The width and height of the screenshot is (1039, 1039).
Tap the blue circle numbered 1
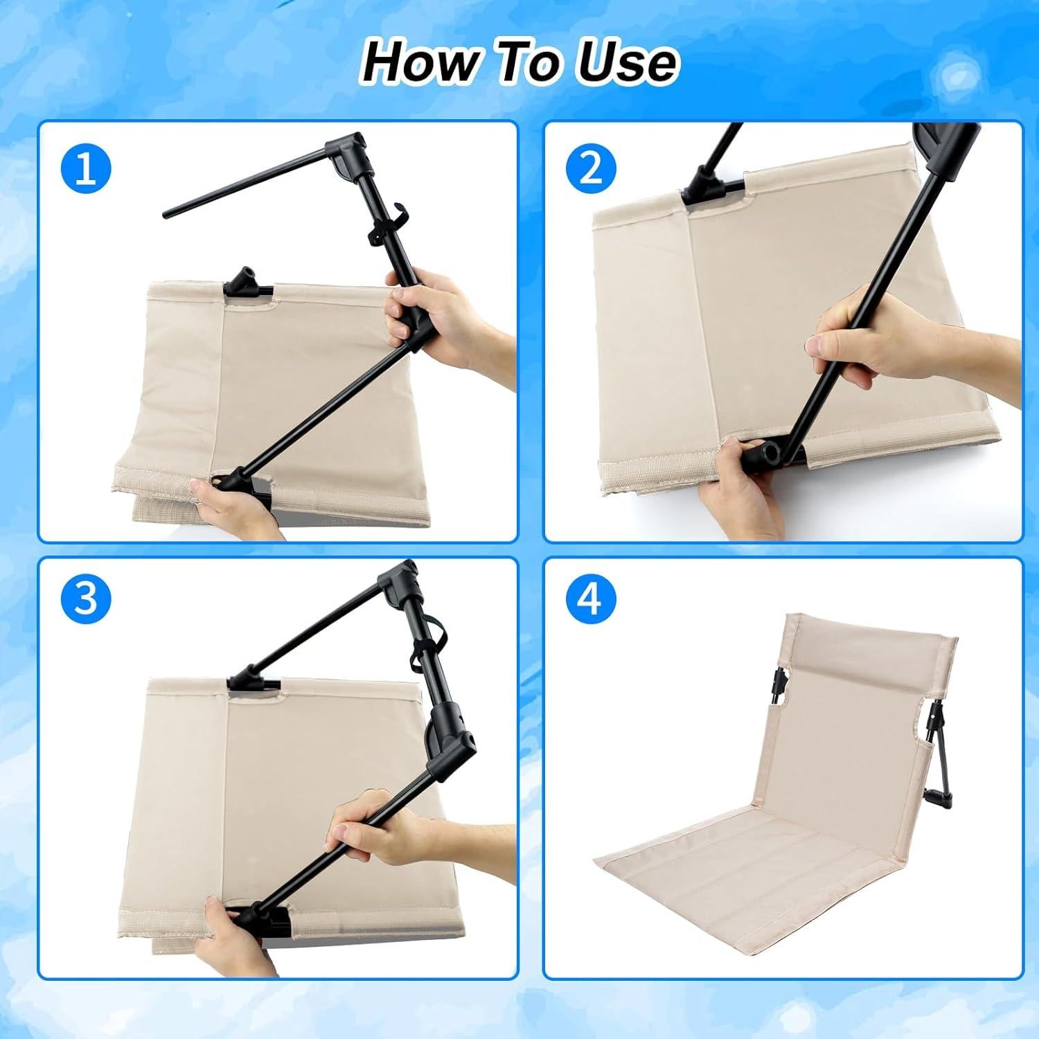coord(85,168)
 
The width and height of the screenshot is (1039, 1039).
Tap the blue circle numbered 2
coord(590,168)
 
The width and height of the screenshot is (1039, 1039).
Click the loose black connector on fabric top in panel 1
coord(247,284)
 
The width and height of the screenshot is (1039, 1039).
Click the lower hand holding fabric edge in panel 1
coord(232,506)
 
